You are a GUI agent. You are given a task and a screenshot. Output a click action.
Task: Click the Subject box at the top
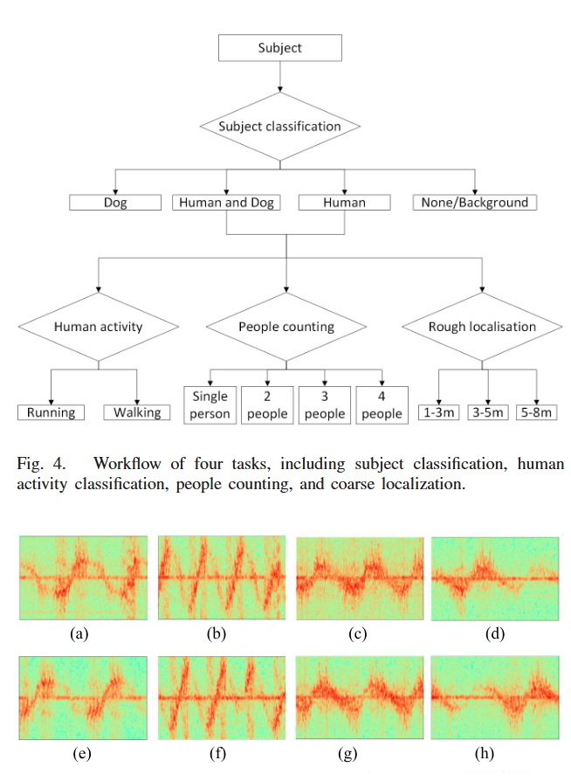click(279, 47)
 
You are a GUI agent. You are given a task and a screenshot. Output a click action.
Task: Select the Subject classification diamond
click(279, 126)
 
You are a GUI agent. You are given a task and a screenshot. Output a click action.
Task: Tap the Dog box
click(115, 203)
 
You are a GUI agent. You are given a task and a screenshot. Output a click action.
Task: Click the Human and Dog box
click(227, 203)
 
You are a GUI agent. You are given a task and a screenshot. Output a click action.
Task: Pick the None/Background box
click(474, 203)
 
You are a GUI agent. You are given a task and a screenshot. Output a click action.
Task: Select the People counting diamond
click(286, 327)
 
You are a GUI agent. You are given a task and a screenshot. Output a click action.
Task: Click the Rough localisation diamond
click(482, 327)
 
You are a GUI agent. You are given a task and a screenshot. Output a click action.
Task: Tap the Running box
click(52, 412)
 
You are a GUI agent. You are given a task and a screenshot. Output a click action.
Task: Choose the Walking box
click(137, 412)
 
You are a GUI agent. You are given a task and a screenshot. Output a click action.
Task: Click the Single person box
click(210, 404)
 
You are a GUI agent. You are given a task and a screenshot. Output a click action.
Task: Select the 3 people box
click(325, 404)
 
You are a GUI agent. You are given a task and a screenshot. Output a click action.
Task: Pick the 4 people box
click(382, 404)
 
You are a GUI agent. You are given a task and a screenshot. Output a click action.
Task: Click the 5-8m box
click(535, 412)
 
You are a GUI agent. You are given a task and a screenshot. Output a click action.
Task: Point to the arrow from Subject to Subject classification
click(279, 76)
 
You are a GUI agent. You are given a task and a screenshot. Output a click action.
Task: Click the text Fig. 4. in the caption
click(37, 463)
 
